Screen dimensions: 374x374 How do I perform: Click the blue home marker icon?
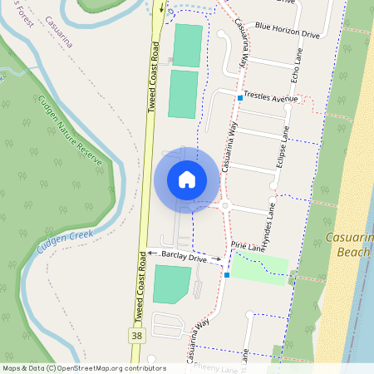tap(187, 179)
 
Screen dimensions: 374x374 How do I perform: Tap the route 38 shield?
tap(135, 336)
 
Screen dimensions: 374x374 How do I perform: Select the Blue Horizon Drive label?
tap(288, 36)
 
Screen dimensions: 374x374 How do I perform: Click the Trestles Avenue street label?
tap(271, 98)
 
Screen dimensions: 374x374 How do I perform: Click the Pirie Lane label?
tap(248, 247)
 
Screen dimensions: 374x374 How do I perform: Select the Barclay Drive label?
tap(184, 258)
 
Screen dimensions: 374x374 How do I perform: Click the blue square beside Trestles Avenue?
tap(240, 98)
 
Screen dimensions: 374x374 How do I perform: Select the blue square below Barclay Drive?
tap(227, 274)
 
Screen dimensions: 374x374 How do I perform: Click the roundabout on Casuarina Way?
tap(225, 205)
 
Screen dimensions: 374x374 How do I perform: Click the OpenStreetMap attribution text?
tap(83, 368)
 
